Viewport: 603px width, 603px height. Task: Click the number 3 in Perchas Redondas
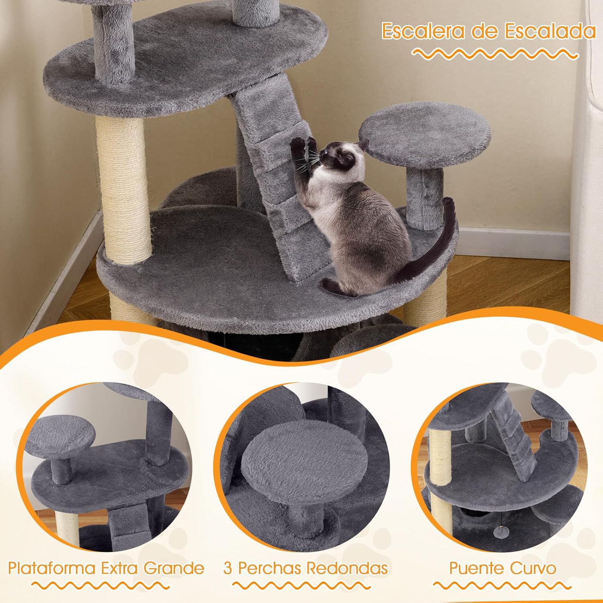click(x=228, y=568)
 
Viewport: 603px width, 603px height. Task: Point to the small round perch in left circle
click(x=64, y=434)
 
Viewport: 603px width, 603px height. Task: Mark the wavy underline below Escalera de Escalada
click(x=496, y=53)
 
